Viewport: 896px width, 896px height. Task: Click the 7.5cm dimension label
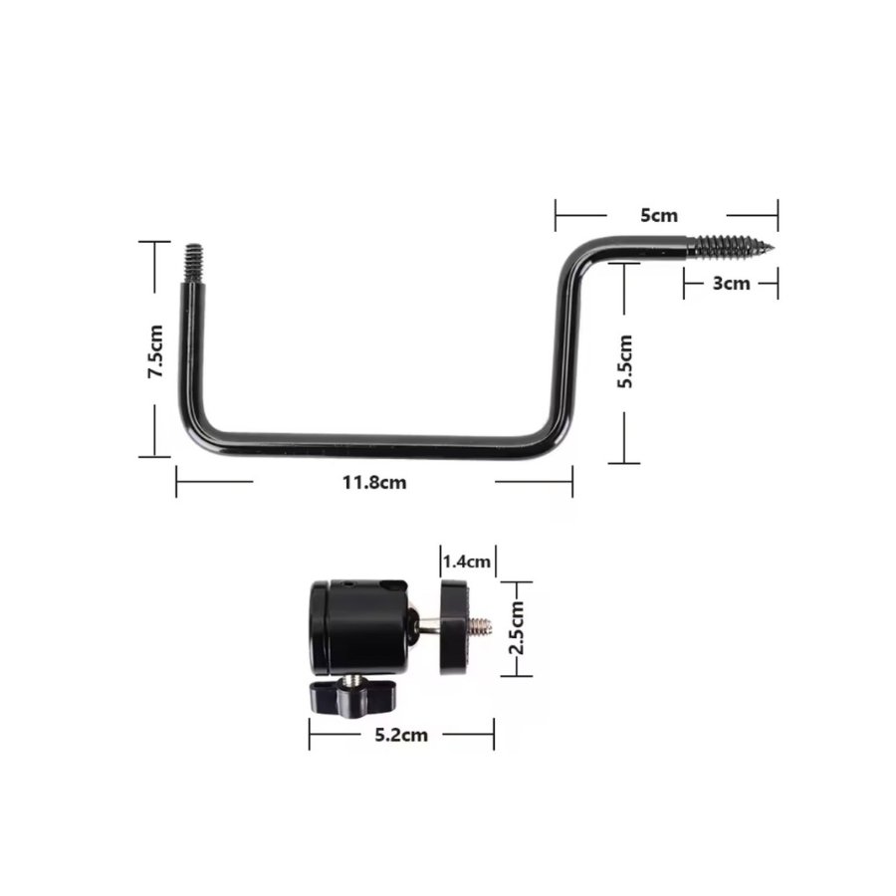[155, 350]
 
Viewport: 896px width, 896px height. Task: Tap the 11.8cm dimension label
[374, 482]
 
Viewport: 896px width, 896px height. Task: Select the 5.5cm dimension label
[625, 361]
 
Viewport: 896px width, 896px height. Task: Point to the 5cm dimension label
[659, 215]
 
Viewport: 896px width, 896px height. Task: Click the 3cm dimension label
[731, 283]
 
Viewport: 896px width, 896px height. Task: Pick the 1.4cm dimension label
[467, 561]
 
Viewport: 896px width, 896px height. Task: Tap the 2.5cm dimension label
[517, 627]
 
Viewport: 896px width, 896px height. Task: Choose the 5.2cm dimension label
[401, 735]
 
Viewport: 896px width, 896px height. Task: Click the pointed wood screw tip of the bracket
[772, 248]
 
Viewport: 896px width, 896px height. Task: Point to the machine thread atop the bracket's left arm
[194, 263]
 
